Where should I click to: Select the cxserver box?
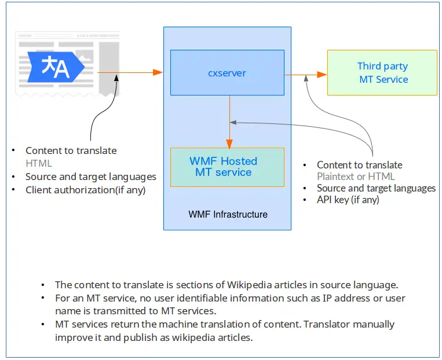(227, 73)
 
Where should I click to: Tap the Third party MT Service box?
(382, 73)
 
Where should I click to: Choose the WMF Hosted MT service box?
(227, 167)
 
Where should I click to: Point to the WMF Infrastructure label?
(228, 214)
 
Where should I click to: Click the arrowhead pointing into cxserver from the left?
(158, 72)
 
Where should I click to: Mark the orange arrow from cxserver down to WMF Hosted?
(230, 122)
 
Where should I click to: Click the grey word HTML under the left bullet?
(39, 163)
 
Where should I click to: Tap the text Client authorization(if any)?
(85, 190)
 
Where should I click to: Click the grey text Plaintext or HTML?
(356, 177)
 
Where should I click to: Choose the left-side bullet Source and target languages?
(91, 177)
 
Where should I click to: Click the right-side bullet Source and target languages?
(376, 188)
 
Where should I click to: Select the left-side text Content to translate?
(71, 150)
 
